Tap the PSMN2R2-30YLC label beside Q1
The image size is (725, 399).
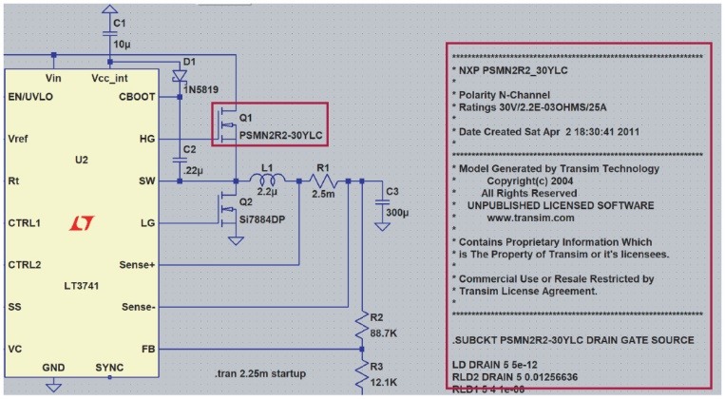click(281, 136)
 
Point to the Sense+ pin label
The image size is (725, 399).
click(137, 264)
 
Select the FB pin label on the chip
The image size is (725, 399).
click(146, 349)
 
